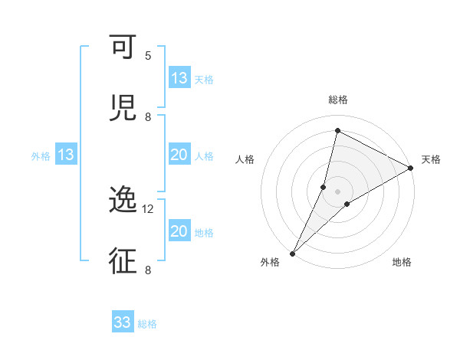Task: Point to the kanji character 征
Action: pos(123,260)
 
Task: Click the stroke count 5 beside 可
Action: pos(148,56)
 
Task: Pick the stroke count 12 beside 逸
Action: pos(148,208)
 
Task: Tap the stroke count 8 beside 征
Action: pos(147,270)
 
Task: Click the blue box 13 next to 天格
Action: pos(179,78)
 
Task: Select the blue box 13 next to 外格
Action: pos(66,155)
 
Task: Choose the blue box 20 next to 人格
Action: pos(179,155)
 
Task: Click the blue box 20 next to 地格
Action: pos(179,231)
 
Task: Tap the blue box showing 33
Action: pos(123,322)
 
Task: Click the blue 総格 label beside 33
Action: pos(148,324)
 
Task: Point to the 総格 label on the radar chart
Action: pos(338,100)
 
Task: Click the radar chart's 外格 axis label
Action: pos(270,263)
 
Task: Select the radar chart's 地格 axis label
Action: pos(402,263)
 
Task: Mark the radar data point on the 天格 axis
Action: pos(410,168)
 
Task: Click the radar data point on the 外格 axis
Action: pos(293,253)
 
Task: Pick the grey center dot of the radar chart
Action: pos(338,191)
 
